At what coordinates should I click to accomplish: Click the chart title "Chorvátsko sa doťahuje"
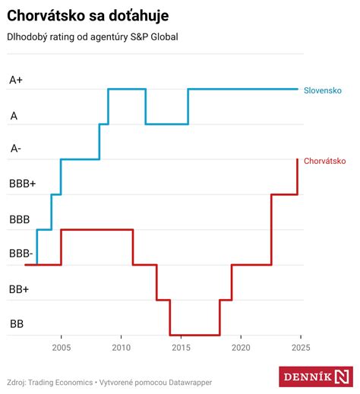[88, 16]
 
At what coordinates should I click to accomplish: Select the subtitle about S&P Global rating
[93, 37]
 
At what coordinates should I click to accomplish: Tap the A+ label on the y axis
[16, 80]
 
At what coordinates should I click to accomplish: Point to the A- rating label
[15, 148]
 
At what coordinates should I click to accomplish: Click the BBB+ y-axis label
[23, 184]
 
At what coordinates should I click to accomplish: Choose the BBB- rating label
[21, 254]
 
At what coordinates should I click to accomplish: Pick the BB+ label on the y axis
[19, 289]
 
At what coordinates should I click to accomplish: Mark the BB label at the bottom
[17, 324]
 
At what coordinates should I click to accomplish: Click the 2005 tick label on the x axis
[62, 348]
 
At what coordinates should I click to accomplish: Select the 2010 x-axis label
[122, 348]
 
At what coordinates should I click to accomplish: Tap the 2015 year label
[181, 348]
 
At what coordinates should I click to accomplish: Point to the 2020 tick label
[241, 348]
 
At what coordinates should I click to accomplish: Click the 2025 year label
[301, 348]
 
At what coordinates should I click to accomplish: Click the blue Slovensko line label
[323, 90]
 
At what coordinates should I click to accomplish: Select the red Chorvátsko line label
[325, 161]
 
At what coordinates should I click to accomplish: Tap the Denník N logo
[316, 377]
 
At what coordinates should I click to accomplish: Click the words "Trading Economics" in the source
[60, 383]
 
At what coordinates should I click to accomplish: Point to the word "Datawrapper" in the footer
[191, 383]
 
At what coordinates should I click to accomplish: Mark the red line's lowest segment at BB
[195, 335]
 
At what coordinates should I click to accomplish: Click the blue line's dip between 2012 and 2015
[167, 124]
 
